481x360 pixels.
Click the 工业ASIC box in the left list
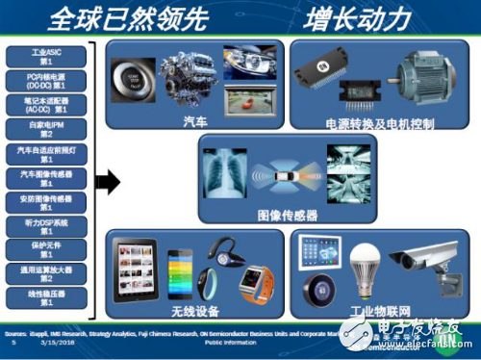pos(45,55)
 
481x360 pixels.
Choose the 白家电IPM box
pos(45,127)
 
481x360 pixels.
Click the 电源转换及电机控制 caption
pos(379,124)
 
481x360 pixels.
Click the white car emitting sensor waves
pos(288,179)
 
